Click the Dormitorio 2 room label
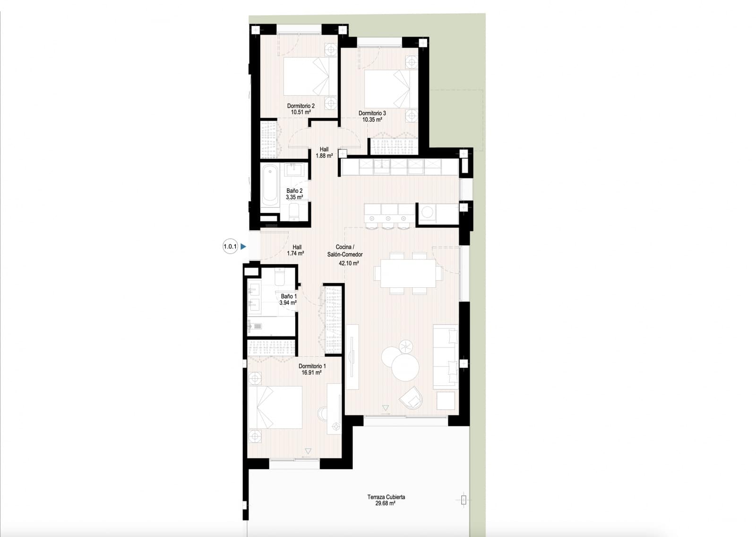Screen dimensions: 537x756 pos(301,106)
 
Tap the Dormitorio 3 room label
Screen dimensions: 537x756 pos(372,113)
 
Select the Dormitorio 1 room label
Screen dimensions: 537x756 pos(312,366)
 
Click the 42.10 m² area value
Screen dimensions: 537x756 pos(349,263)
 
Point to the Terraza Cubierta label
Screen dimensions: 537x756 pos(386,497)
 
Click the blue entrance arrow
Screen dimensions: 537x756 pos(243,246)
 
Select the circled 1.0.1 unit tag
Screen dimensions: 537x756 pos(230,246)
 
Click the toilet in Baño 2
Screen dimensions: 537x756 pos(295,212)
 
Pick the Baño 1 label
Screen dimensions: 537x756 pos(289,296)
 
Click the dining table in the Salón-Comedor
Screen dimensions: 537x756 pos(408,273)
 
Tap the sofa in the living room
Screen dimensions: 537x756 pos(446,356)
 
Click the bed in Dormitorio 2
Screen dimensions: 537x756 pos(310,76)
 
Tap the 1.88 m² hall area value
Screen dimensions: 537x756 pos(324,156)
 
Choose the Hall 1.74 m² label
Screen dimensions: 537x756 pos(296,250)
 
